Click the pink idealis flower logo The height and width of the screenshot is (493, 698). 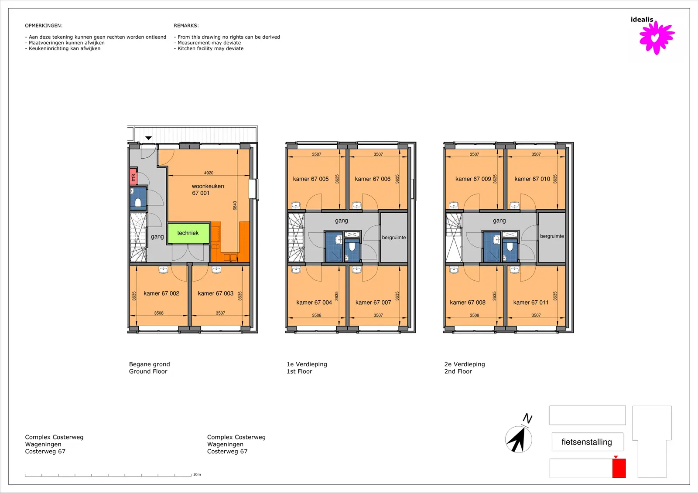pyautogui.click(x=657, y=37)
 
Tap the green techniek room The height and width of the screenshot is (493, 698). pyautogui.click(x=188, y=233)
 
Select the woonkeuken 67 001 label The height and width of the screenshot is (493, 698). pyautogui.click(x=208, y=190)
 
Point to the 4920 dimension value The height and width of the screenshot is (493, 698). pyautogui.click(x=209, y=173)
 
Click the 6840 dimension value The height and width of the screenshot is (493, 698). pyautogui.click(x=235, y=206)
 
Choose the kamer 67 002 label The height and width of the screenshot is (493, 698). pyautogui.click(x=161, y=293)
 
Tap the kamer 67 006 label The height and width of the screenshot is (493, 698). pyautogui.click(x=373, y=179)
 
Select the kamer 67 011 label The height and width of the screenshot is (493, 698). pyautogui.click(x=531, y=303)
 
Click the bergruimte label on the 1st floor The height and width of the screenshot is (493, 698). pyautogui.click(x=394, y=238)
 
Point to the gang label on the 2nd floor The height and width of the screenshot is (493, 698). pyautogui.click(x=499, y=221)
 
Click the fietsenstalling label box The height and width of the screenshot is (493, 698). pyautogui.click(x=587, y=442)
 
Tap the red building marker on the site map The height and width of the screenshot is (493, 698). pyautogui.click(x=619, y=468)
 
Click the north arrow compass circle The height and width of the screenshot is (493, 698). pyautogui.click(x=519, y=439)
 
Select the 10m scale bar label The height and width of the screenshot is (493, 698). pyautogui.click(x=197, y=474)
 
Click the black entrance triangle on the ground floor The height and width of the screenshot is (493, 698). pyautogui.click(x=148, y=138)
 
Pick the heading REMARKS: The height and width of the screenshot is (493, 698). pyautogui.click(x=186, y=26)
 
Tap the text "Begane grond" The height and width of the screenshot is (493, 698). pyautogui.click(x=150, y=364)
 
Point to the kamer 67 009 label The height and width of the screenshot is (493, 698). pyautogui.click(x=473, y=179)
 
